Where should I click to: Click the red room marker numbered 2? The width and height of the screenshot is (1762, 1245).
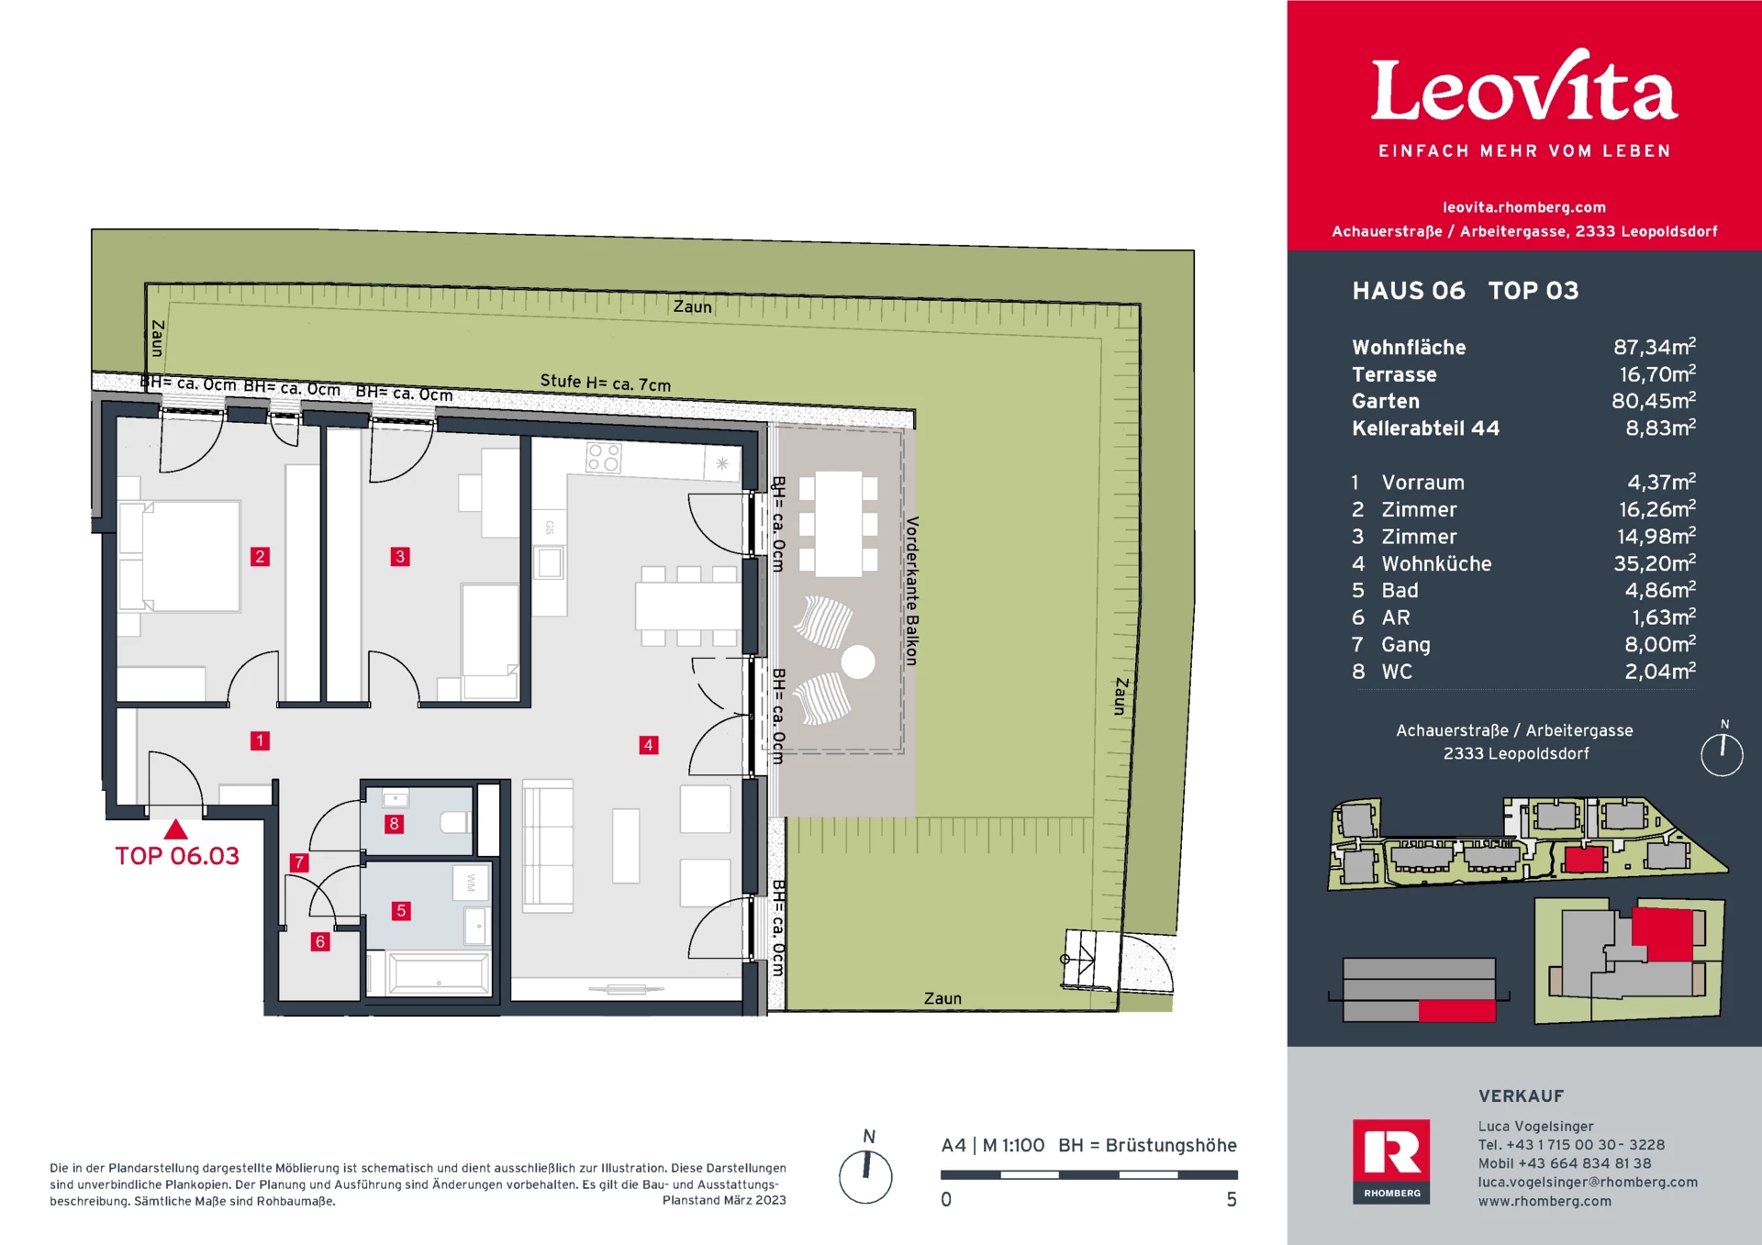tap(260, 556)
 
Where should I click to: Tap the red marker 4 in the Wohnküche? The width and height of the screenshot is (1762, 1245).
tap(648, 745)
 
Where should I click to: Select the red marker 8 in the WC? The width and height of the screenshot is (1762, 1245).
tap(394, 824)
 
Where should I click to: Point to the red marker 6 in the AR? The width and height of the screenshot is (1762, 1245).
tap(319, 941)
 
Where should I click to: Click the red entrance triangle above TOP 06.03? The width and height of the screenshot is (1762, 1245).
tap(175, 830)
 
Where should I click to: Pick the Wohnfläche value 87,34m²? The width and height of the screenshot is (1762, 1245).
tap(1654, 347)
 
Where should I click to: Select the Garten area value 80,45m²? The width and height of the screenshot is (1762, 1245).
tap(1653, 401)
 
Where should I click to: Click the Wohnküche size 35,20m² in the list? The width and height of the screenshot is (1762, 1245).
tap(1654, 563)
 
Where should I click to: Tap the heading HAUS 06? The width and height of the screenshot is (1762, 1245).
tap(1408, 291)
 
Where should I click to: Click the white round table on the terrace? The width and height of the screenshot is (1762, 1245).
tap(858, 661)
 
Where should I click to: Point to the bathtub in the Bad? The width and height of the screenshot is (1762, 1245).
tap(439, 973)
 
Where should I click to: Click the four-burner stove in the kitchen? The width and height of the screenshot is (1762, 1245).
tap(604, 457)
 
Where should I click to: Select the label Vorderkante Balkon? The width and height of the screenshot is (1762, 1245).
tap(911, 591)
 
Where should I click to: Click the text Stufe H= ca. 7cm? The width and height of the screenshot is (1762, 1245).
tap(605, 383)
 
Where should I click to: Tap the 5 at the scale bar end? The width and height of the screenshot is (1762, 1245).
tap(1232, 1199)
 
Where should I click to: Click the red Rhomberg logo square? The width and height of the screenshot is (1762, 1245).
tap(1390, 1161)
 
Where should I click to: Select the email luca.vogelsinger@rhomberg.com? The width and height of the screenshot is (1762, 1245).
tap(1587, 1182)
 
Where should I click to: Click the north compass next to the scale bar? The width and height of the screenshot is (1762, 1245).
tap(865, 1175)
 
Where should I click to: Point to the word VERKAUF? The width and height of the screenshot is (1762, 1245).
tap(1521, 1095)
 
